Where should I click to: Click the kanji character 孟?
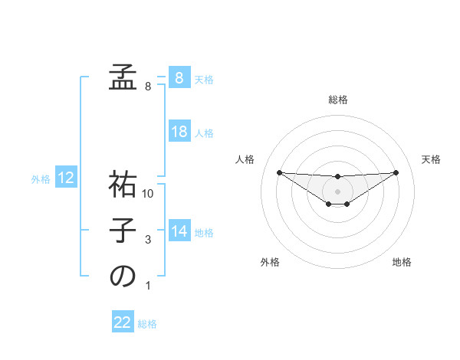point(123,77)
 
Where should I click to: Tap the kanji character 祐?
point(123,184)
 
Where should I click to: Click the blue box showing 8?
point(179,78)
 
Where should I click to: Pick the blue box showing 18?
point(179,132)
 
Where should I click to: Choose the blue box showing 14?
point(179,231)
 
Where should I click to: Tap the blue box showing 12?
point(66,178)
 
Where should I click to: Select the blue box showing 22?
point(123,322)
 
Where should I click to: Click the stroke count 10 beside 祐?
point(148,194)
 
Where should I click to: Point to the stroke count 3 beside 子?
point(148,240)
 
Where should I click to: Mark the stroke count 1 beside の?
point(148,286)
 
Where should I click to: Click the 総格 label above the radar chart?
point(337,100)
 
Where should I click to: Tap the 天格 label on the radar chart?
point(431,159)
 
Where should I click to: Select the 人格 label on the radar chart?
point(245,159)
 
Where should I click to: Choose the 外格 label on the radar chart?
point(270,262)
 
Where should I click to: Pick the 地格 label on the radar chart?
point(402,262)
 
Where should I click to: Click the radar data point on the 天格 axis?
point(396,172)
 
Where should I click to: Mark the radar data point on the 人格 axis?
point(279,172)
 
